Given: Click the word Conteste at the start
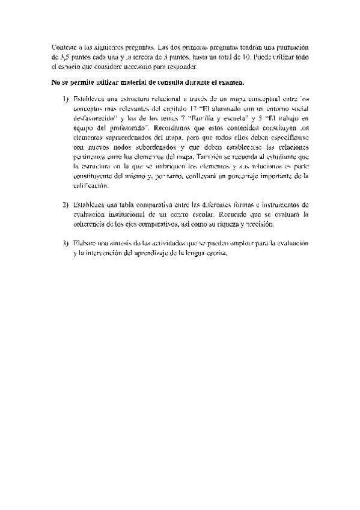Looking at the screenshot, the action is (64, 47).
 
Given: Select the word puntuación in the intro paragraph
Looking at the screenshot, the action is (289, 47).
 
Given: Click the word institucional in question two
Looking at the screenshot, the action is (133, 215).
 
